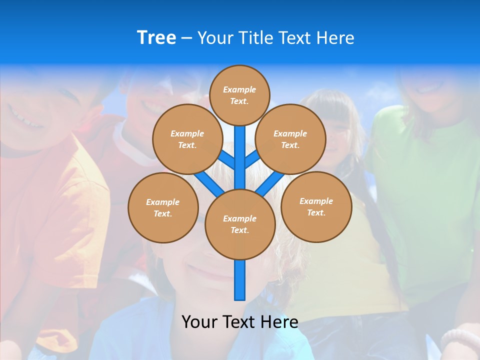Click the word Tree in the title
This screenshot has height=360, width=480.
(156, 38)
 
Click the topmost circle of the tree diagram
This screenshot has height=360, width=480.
(239, 95)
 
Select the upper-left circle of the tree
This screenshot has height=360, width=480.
(187, 139)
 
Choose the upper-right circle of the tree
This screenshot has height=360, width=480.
(290, 139)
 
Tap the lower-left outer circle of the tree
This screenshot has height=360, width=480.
(163, 207)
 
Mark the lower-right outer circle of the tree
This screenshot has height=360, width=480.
(316, 206)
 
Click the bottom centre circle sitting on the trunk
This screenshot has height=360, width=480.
(240, 224)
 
